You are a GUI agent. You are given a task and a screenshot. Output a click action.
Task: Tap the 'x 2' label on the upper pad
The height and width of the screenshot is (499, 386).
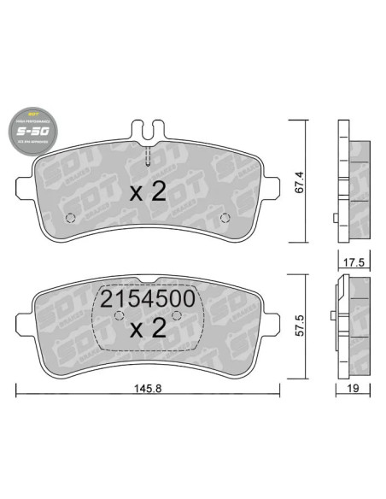(x=147, y=192)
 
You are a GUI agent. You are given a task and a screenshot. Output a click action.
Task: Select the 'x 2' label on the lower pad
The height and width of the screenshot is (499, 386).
(x=149, y=329)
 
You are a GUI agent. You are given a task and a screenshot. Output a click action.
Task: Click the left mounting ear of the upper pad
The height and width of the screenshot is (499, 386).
(x=25, y=184)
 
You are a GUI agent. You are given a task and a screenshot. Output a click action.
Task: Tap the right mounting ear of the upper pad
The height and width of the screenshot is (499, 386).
(x=272, y=184)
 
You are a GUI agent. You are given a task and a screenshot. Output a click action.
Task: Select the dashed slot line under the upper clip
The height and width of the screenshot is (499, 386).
(x=149, y=158)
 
